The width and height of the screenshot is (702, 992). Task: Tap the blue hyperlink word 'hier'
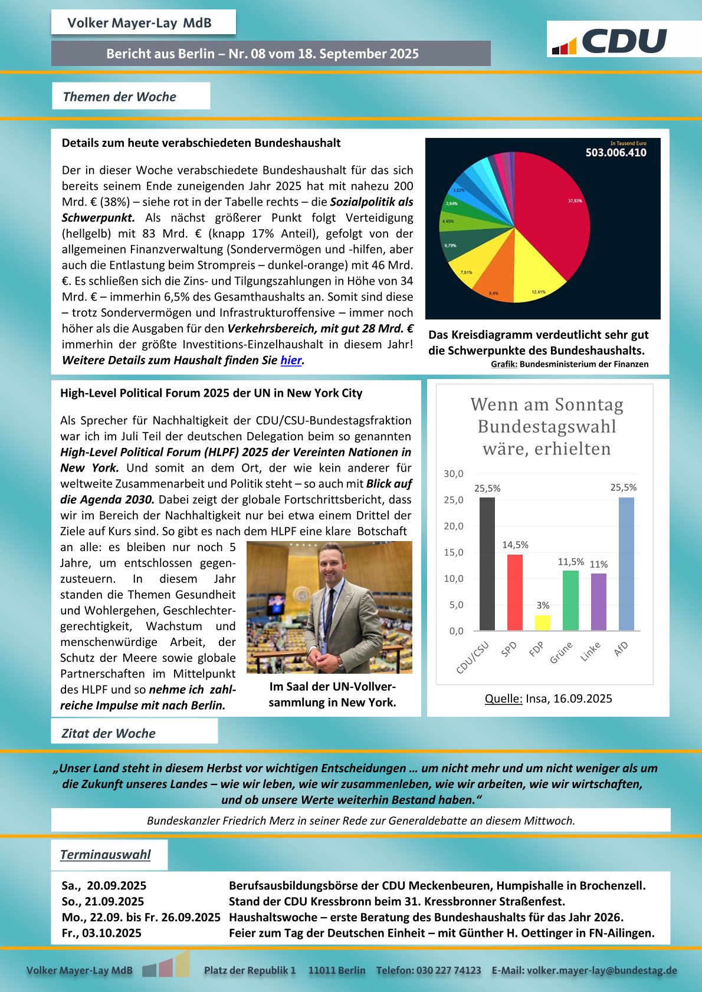click(x=291, y=360)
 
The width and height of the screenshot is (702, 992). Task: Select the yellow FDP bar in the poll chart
click(x=543, y=622)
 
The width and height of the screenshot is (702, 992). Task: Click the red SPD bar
click(x=515, y=592)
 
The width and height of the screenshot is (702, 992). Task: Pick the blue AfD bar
click(x=626, y=563)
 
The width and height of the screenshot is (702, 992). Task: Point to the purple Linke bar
click(x=599, y=602)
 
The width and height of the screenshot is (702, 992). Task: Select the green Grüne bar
click(x=570, y=600)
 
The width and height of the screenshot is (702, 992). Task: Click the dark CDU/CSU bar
click(x=487, y=563)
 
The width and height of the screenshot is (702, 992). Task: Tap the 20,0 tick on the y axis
click(x=454, y=526)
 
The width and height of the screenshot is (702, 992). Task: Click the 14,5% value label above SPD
click(x=515, y=545)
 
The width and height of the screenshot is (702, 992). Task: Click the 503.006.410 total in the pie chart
click(x=615, y=153)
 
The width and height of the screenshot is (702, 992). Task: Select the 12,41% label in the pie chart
click(x=539, y=292)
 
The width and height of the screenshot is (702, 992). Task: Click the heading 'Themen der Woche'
click(x=120, y=97)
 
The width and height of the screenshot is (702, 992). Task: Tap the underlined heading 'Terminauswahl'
click(x=106, y=855)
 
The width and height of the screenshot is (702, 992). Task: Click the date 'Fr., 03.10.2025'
click(x=101, y=933)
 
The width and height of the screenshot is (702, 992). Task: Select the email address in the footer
click(x=602, y=970)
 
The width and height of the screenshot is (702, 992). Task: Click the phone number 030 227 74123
click(x=448, y=970)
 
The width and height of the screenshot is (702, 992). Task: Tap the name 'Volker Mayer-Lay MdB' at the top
click(x=139, y=23)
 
